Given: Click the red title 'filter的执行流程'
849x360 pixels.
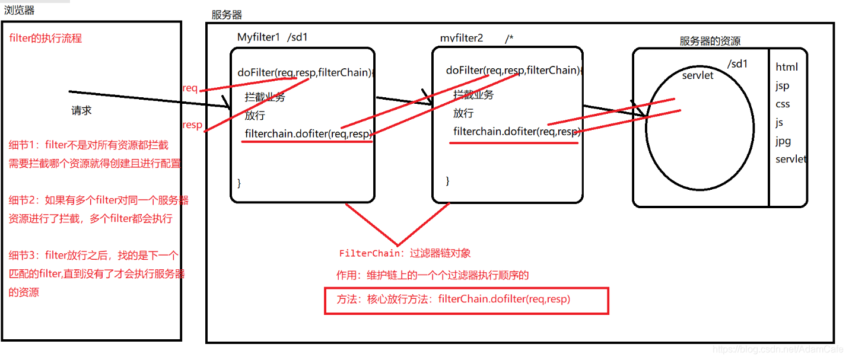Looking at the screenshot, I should (46, 39).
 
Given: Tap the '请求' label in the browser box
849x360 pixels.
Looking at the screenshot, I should (82, 111).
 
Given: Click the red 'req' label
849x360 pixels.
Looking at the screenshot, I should (190, 88).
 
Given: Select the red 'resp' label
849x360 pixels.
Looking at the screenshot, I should (192, 125).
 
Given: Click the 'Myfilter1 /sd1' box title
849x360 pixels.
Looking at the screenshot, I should (272, 37).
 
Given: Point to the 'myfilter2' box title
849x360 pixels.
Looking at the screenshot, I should (462, 38).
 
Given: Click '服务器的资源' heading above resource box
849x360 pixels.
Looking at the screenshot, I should (710, 41).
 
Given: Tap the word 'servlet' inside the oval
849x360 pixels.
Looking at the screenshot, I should (698, 75).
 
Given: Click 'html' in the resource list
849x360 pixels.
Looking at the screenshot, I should (787, 67).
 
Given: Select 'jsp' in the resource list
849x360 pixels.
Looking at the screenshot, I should (783, 86).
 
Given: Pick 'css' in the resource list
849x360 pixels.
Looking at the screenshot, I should (783, 104).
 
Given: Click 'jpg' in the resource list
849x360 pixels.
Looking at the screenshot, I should (783, 141).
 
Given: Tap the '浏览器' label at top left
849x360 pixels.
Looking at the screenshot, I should (19, 10).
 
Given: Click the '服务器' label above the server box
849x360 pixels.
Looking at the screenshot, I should (227, 15).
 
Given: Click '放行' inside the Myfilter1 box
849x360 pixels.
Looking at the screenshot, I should (255, 115).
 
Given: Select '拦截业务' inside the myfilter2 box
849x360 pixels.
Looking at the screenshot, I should (473, 94).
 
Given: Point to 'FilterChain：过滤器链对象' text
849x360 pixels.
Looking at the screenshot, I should (405, 253).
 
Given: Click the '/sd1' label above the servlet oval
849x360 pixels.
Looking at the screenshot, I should (737, 64).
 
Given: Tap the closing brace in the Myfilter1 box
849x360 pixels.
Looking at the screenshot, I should (239, 183).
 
